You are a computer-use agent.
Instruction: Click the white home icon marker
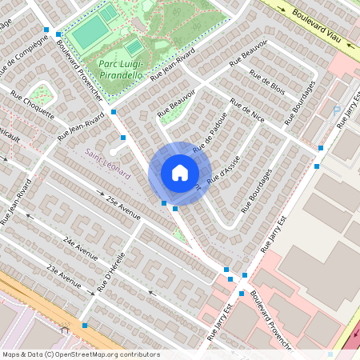tap(180, 172)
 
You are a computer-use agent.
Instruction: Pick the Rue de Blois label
tap(267, 83)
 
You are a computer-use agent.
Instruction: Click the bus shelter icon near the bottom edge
tap(63, 326)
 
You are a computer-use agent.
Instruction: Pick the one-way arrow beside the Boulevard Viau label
tap(282, 9)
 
